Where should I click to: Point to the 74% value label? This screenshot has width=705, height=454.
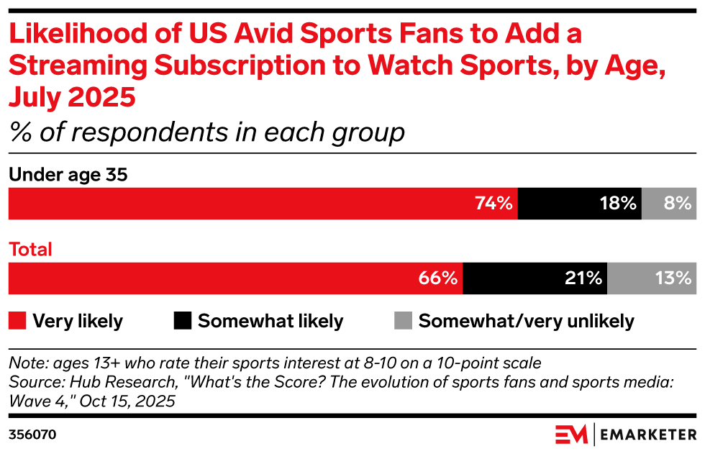(493, 204)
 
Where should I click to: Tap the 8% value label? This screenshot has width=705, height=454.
(678, 204)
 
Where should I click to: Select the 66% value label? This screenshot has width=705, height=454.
(439, 278)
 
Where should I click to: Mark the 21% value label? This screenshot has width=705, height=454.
(583, 278)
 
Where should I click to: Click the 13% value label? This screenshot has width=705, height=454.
(673, 278)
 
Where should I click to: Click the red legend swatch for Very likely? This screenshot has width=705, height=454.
(17, 321)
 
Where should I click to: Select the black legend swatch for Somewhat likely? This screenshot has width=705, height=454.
(183, 321)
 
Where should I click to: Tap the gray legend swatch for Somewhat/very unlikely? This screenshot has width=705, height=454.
(404, 321)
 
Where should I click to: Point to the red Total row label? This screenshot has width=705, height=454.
(30, 250)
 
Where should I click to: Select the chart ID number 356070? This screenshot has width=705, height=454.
(32, 435)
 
